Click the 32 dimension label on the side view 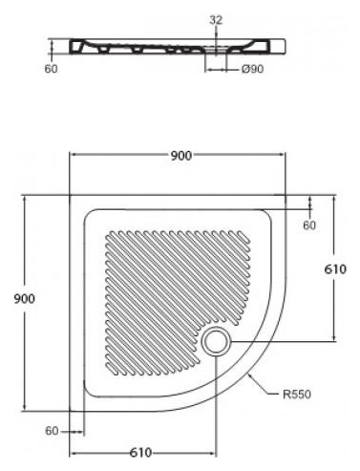coord(216,20)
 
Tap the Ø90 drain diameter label coord(252,69)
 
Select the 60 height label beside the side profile coord(52,69)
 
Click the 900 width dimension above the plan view coord(181,156)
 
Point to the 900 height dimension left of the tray coord(25,299)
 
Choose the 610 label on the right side coord(335,269)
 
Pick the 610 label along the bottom coord(140,453)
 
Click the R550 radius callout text coord(297,395)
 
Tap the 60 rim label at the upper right coord(309,225)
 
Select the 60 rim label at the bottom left coord(52,431)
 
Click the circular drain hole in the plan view coord(216,341)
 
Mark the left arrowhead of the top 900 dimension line coord(72,155)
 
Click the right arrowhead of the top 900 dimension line coord(283,155)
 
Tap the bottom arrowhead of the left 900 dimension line coord(24,408)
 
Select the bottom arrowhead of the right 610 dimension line coord(334,338)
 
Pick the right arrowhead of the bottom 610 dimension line coord(213,453)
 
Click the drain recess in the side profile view coord(216,50)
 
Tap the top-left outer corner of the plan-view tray coord(70,195)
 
